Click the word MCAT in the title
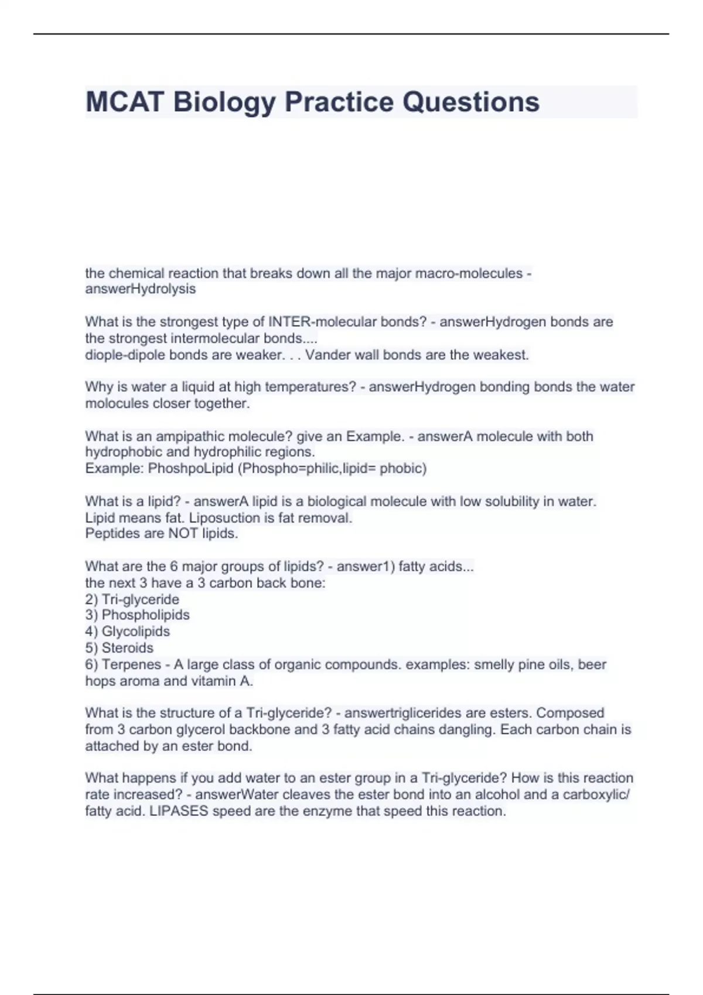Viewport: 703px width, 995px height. pyautogui.click(x=124, y=102)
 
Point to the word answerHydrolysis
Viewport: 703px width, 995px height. pyautogui.click(x=141, y=289)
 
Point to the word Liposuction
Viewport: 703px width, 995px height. pyautogui.click(x=224, y=518)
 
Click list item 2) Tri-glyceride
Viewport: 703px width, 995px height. pyautogui.click(x=132, y=599)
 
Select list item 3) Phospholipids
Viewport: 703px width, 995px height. pyautogui.click(x=137, y=615)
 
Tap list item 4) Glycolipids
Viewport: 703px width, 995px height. pyautogui.click(x=128, y=632)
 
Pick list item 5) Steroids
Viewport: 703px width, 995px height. pyautogui.click(x=120, y=648)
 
